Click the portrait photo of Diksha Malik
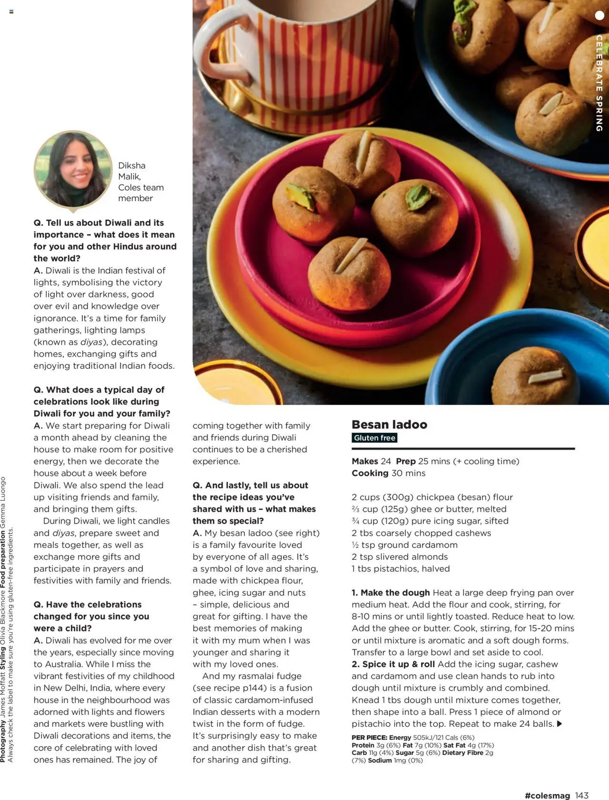[x=73, y=169]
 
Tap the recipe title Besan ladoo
[x=389, y=424]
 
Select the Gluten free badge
[x=374, y=438]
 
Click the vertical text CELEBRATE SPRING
[x=599, y=83]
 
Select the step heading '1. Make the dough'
[x=391, y=593]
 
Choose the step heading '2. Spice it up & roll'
[x=393, y=664]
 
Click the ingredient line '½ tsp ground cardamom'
[x=404, y=545]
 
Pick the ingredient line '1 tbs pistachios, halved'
[x=400, y=568]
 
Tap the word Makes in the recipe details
[x=365, y=461]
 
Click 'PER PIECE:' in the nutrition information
[x=369, y=737]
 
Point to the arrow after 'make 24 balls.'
[x=560, y=724]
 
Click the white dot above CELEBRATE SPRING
[x=599, y=15]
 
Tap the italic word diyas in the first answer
[x=91, y=342]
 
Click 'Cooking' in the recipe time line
[x=370, y=473]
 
